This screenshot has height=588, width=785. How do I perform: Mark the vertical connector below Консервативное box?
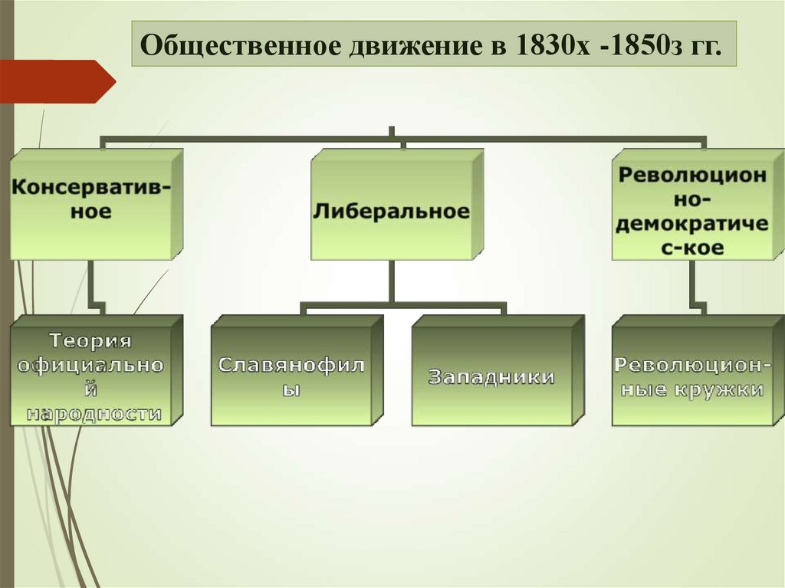(91, 284)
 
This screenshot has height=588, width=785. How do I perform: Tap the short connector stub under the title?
(392, 133)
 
